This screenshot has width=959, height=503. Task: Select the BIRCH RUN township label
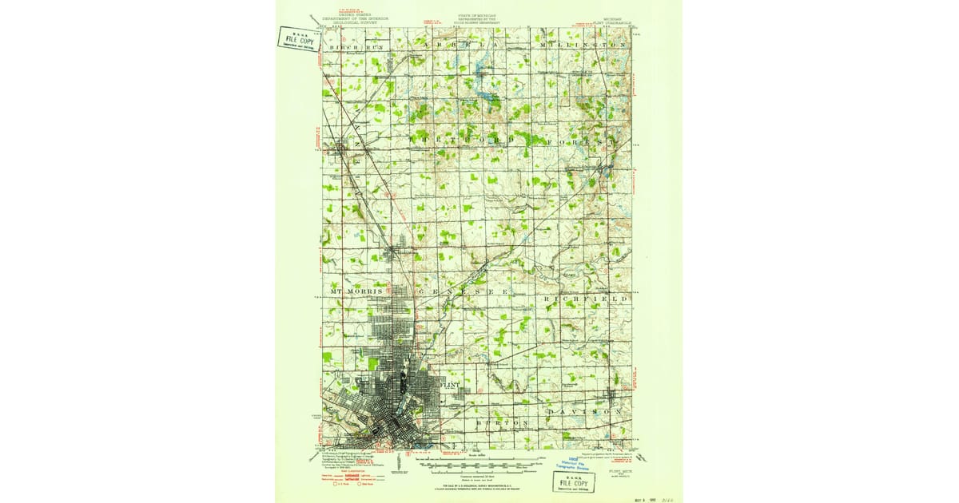click(356, 47)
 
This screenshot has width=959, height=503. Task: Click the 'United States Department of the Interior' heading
click(352, 18)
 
